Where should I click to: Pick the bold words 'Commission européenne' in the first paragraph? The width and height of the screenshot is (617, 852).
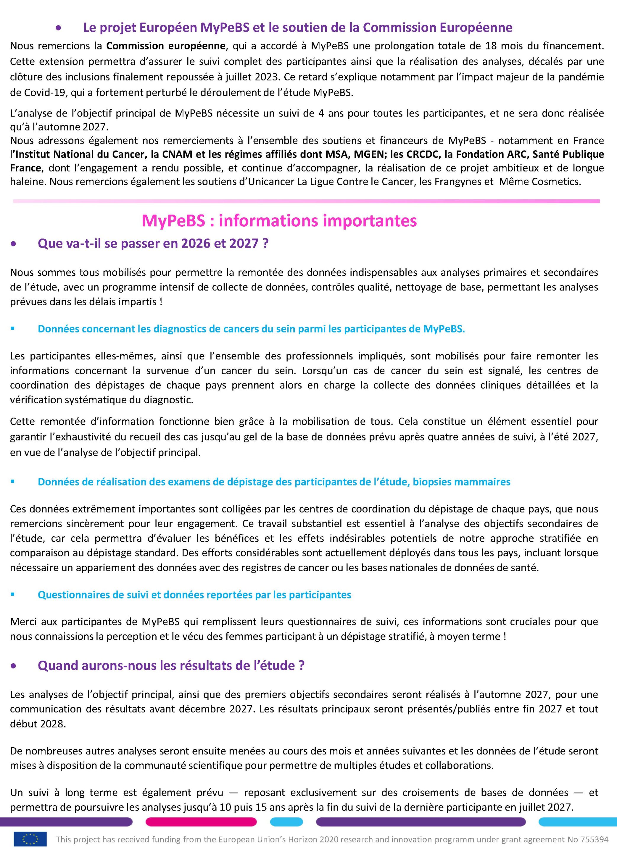(x=166, y=46)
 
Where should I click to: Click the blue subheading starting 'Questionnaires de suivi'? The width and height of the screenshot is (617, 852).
(x=194, y=595)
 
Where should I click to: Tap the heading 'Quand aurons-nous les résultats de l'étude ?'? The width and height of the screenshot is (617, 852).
(x=171, y=665)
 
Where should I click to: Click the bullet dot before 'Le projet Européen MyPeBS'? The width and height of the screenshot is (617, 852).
(x=58, y=28)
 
